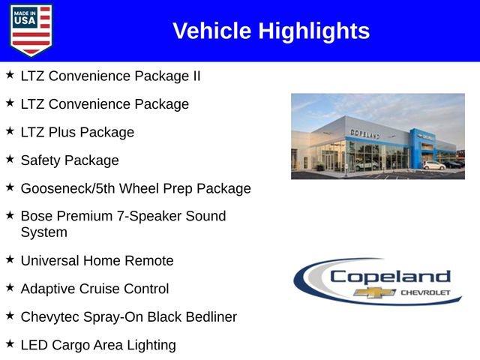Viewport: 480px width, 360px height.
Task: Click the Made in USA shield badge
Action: (x=31, y=31)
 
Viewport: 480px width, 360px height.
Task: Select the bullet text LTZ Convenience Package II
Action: (x=110, y=76)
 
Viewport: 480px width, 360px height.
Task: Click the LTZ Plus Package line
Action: (x=77, y=132)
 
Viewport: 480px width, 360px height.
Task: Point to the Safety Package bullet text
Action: (x=70, y=160)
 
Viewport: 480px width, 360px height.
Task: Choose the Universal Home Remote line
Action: (x=97, y=260)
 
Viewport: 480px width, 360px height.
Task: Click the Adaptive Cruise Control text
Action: (x=94, y=289)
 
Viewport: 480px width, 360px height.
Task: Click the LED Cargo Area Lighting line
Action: (x=98, y=345)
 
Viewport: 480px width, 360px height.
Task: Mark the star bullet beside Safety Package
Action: (x=10, y=159)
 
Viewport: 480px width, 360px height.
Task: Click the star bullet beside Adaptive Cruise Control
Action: (x=10, y=287)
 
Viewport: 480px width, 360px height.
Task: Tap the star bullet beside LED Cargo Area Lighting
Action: (x=10, y=343)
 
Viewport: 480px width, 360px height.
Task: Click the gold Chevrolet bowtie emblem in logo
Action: (x=374, y=292)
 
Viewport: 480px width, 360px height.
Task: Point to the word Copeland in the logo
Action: (x=390, y=276)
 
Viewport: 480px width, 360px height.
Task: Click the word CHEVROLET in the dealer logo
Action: (x=426, y=292)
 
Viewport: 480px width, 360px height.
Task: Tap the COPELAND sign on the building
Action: (x=365, y=133)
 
